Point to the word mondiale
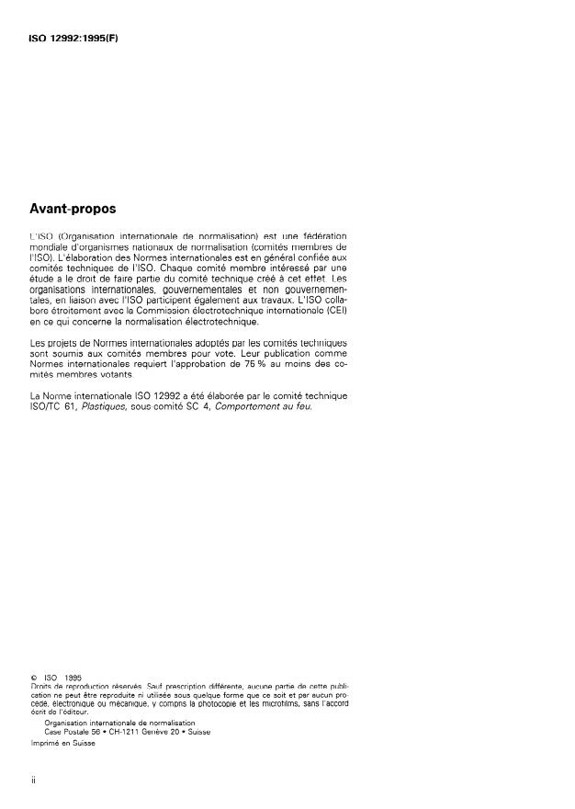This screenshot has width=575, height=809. (49, 249)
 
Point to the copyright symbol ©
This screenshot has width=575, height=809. (33, 678)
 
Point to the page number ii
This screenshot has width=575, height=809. (33, 788)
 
